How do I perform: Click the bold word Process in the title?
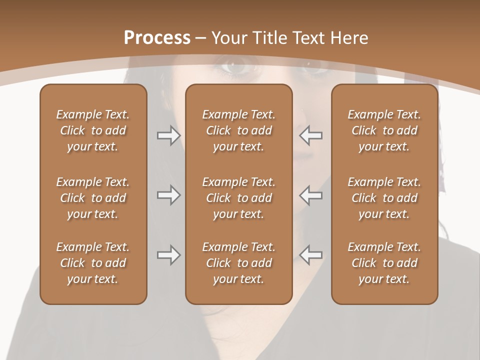click(x=157, y=38)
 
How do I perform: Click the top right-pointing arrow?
click(x=168, y=135)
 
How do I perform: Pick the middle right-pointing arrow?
click(x=168, y=195)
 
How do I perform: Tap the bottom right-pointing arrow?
click(x=168, y=255)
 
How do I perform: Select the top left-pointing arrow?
click(x=311, y=135)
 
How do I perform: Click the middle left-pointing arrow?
click(x=311, y=195)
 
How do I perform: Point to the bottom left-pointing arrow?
click(x=311, y=255)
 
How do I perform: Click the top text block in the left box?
click(x=93, y=130)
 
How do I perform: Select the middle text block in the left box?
click(x=93, y=198)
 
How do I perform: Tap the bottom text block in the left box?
click(x=93, y=263)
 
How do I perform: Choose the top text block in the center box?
click(x=238, y=130)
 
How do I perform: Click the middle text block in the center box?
click(x=238, y=198)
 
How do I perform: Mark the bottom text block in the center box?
click(x=238, y=263)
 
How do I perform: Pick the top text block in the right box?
click(x=384, y=130)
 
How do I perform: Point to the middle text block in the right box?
click(x=384, y=198)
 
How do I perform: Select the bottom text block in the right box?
click(x=384, y=263)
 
